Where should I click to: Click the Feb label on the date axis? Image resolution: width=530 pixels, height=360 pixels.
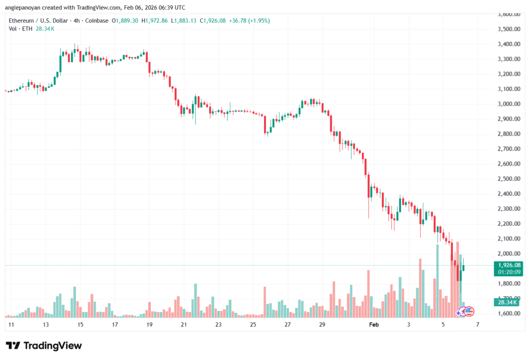click(374, 324)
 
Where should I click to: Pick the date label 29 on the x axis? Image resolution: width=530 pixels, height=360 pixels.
click(322, 324)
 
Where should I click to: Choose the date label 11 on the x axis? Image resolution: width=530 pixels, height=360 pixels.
click(11, 324)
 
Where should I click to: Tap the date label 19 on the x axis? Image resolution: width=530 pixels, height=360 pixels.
click(149, 324)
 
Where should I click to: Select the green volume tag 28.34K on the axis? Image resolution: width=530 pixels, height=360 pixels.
click(505, 303)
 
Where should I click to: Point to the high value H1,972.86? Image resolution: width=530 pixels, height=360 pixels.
click(157, 21)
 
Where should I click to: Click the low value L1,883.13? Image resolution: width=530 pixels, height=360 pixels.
click(190, 21)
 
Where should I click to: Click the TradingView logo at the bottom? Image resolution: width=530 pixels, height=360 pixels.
click(44, 346)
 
